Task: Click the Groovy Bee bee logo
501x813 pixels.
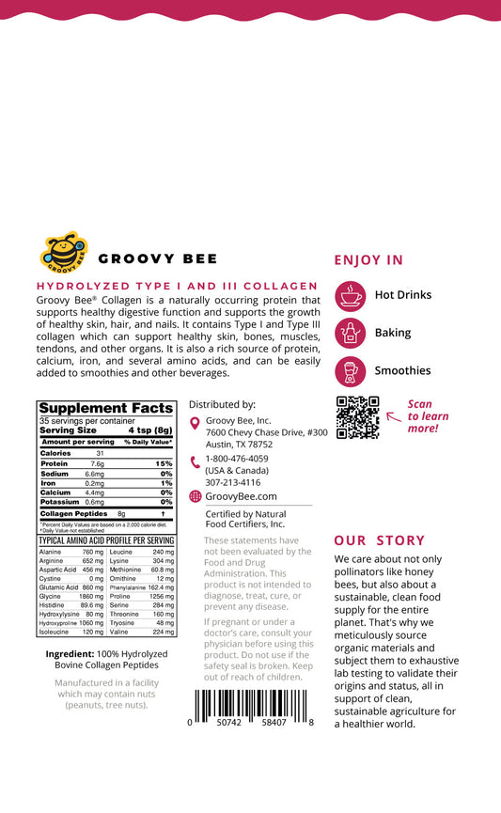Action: (x=65, y=253)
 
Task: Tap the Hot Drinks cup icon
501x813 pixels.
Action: (x=351, y=295)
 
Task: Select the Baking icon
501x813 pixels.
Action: (x=351, y=333)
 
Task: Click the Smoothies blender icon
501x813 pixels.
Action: (x=351, y=371)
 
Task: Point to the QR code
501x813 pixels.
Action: (x=357, y=417)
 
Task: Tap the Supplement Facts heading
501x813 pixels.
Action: (x=105, y=408)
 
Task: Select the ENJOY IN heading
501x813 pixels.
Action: (x=368, y=260)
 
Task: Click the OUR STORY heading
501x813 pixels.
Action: (x=380, y=540)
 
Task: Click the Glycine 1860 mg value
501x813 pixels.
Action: (x=91, y=597)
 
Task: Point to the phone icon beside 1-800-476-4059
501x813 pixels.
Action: (x=195, y=461)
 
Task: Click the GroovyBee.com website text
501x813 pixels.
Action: (x=241, y=496)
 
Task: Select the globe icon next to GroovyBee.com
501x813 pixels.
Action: (x=195, y=496)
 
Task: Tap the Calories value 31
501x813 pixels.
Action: (x=100, y=453)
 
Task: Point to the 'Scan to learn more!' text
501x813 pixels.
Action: (x=428, y=416)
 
